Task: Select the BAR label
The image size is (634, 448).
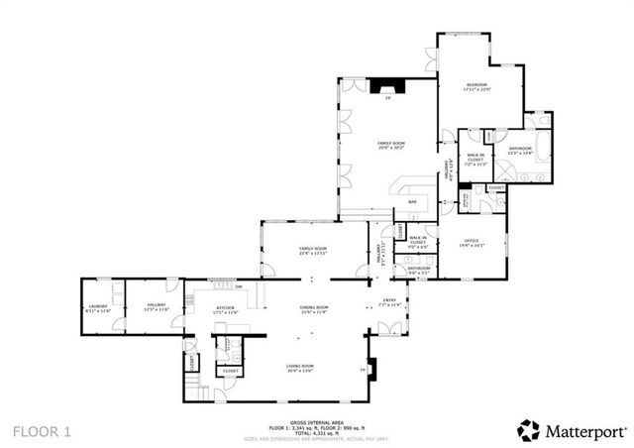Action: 413,202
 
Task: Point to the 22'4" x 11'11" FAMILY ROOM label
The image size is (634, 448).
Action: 313,250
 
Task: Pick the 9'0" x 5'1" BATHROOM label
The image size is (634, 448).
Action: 418,269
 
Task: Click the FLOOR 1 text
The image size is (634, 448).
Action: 42,431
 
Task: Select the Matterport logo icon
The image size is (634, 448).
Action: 528,429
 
